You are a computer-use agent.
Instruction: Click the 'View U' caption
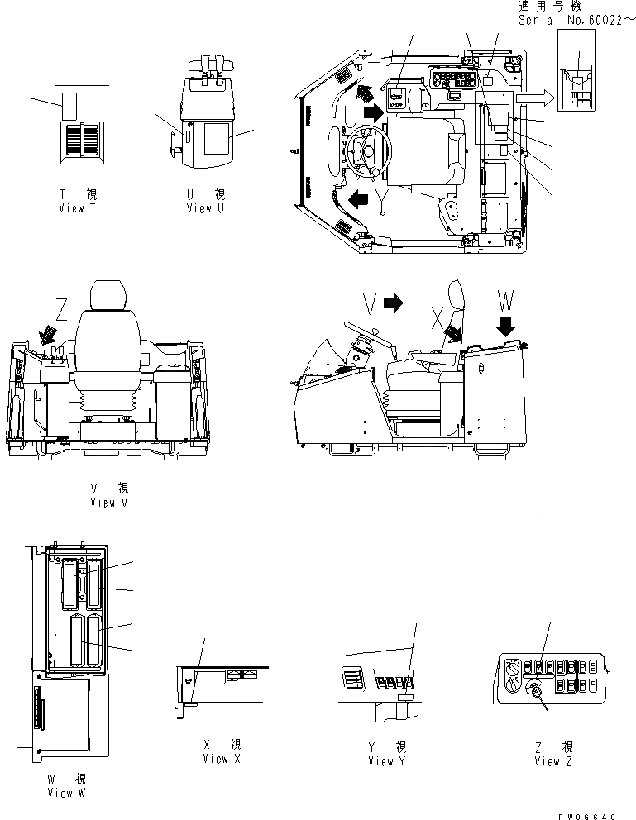coord(206,208)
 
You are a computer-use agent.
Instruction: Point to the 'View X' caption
coord(221,759)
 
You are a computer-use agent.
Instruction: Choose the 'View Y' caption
coord(387,760)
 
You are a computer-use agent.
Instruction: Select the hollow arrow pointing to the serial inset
coord(533,98)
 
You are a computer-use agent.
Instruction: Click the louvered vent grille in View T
coord(81,137)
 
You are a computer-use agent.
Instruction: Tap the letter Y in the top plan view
coord(382,197)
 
